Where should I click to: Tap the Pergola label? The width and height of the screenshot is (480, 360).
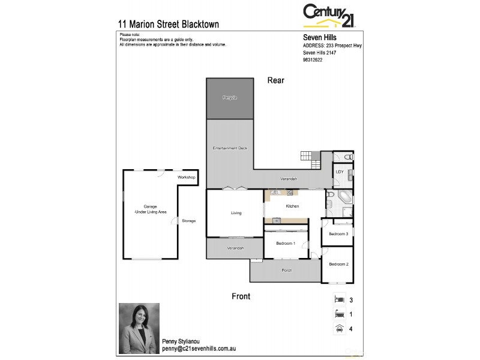point(230,97)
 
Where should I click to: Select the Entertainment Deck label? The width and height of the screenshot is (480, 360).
point(230,148)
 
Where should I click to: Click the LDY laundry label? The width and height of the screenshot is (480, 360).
point(340,172)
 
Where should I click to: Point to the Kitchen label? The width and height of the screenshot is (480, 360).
point(292,206)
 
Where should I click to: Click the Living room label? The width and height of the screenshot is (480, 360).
point(236,213)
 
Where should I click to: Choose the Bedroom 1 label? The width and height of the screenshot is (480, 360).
point(286,243)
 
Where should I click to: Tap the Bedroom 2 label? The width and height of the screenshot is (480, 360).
point(338,264)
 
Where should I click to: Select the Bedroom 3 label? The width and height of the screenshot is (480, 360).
point(338,234)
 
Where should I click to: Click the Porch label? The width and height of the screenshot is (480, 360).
point(287,270)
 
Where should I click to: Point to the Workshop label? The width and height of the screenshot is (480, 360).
point(187,178)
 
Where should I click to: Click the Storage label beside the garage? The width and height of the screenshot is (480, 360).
point(189,221)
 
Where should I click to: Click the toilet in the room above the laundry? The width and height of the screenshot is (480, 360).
point(349,157)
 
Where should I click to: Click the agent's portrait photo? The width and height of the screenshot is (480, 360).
point(139,328)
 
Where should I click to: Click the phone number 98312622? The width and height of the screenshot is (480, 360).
point(313,60)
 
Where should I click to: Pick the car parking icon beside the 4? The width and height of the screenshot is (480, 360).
point(338,328)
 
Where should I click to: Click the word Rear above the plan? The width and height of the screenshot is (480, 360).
point(275,80)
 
